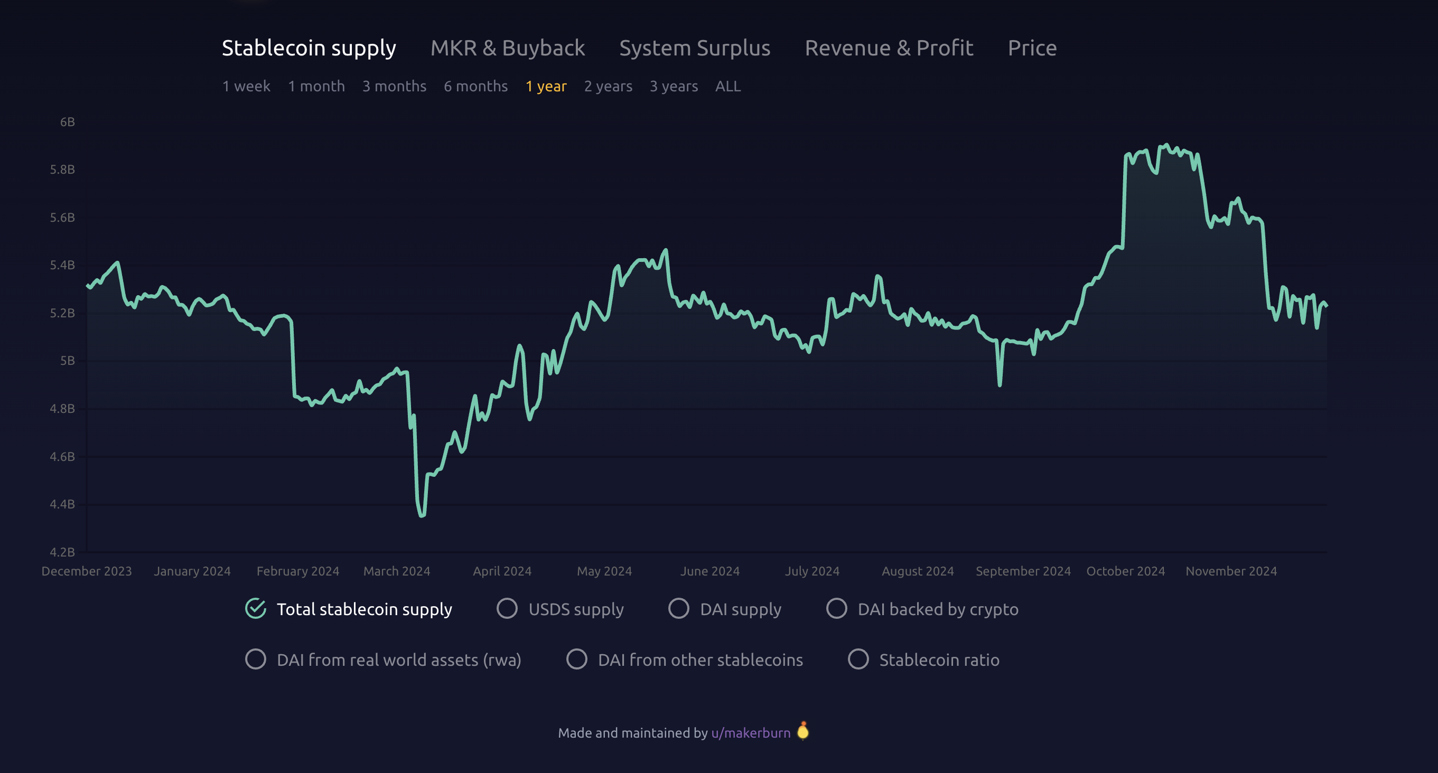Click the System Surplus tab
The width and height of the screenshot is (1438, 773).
tap(695, 48)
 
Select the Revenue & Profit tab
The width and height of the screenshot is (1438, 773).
tap(889, 48)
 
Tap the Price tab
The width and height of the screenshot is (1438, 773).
tap(1032, 48)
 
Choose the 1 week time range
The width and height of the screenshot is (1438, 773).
tap(246, 87)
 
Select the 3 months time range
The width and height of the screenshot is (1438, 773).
tap(394, 87)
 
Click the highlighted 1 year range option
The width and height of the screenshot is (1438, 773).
tap(545, 87)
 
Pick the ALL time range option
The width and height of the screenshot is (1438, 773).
tap(728, 87)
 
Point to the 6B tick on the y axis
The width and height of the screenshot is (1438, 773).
tap(68, 122)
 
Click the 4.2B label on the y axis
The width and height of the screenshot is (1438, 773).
tap(62, 552)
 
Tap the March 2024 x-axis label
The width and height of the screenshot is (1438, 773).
tap(396, 571)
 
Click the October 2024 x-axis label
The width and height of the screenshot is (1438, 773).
tap(1125, 571)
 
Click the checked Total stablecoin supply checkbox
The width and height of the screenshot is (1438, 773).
tap(256, 608)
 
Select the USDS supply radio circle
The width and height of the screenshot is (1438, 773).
tap(507, 608)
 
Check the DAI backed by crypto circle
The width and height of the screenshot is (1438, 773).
tap(836, 608)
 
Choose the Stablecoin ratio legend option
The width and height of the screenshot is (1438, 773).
tap(858, 659)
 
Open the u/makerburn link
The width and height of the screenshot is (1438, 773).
tap(750, 733)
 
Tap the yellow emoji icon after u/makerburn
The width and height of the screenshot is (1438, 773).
tap(803, 731)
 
